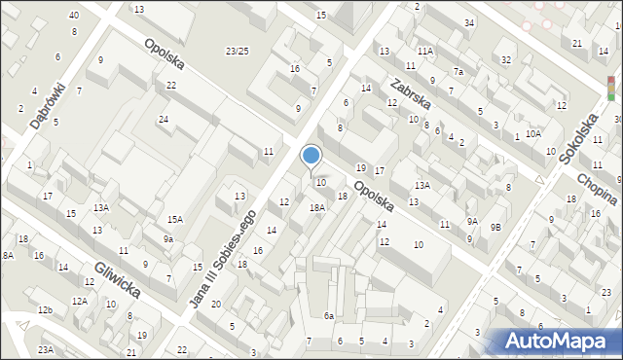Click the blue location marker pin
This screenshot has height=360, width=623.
(311, 157)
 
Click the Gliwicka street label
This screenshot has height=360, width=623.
(118, 278)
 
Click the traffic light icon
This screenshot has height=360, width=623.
(610, 90)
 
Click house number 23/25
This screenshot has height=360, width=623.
(237, 51)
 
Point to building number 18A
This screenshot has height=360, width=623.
(317, 207)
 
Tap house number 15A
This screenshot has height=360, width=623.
(175, 220)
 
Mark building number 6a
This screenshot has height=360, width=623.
(329, 315)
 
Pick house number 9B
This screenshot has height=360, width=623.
(495, 227)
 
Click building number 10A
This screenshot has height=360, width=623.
(532, 133)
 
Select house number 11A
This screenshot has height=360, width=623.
(425, 51)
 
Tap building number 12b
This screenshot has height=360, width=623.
(45, 309)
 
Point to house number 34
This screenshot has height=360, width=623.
(469, 22)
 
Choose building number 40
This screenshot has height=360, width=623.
(74, 16)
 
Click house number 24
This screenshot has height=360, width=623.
(164, 120)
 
